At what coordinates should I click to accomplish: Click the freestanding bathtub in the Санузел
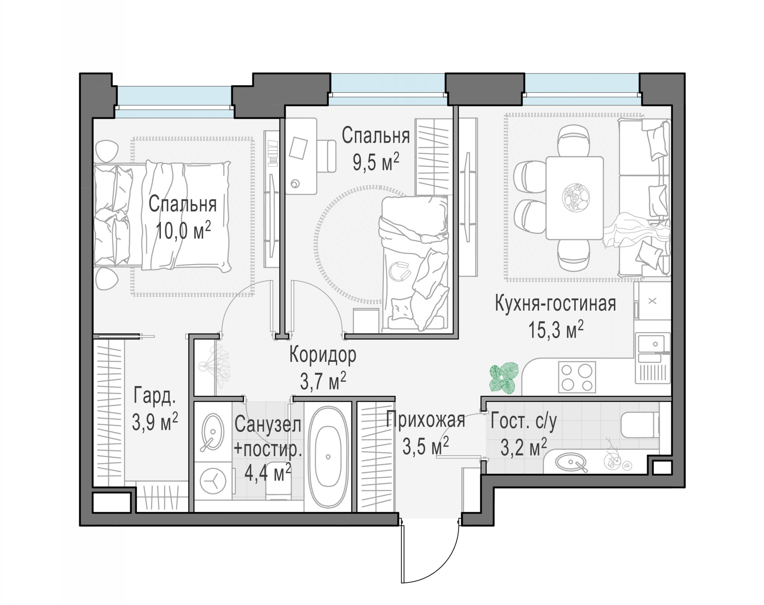point(328,457)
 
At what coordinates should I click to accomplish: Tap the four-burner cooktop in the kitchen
point(577,377)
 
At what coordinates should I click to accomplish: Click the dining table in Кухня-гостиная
point(574,198)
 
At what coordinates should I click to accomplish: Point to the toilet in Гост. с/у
point(640,425)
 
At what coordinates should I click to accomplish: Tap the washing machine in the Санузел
point(213,481)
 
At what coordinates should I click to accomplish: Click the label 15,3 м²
point(555,329)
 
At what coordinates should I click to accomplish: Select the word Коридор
point(323,355)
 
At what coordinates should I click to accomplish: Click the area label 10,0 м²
point(183,230)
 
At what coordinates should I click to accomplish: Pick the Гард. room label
point(155,396)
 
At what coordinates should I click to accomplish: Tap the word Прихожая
point(425,420)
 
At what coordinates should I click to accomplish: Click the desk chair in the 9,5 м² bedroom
point(326,156)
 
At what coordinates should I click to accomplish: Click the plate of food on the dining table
point(576,198)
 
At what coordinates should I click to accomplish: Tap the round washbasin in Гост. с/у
point(570,462)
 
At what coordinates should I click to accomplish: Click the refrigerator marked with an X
point(652,301)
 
